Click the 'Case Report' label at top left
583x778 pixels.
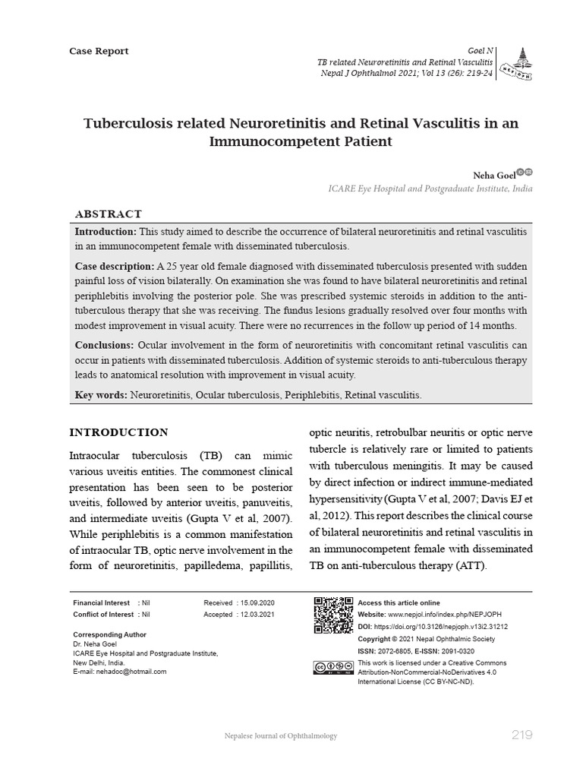(x=99, y=51)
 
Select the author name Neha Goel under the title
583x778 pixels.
(x=493, y=174)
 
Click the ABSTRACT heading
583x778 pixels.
(x=108, y=214)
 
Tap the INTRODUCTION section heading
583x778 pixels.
(x=118, y=432)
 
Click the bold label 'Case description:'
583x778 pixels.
(x=114, y=267)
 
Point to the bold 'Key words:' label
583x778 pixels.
(x=101, y=395)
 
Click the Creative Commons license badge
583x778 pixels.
(x=332, y=668)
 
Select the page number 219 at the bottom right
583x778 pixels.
(x=522, y=735)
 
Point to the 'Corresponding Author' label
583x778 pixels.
(x=109, y=634)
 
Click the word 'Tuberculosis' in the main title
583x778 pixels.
(x=134, y=123)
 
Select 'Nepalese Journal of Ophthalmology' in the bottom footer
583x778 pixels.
(x=281, y=735)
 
